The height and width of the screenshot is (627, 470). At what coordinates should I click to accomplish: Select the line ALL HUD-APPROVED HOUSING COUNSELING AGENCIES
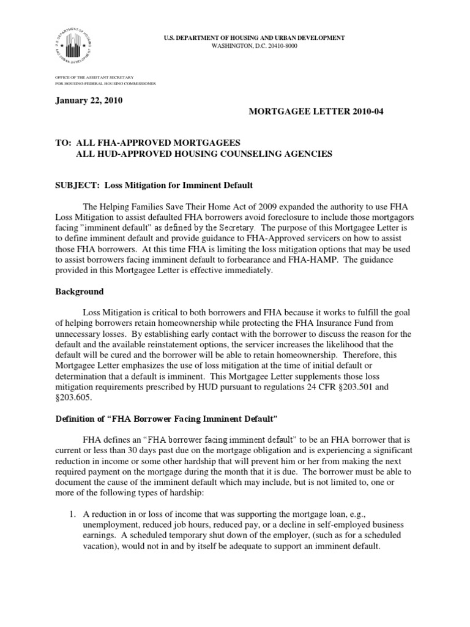coord(204,154)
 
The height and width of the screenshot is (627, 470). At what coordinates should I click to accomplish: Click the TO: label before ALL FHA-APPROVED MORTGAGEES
coord(62,142)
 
